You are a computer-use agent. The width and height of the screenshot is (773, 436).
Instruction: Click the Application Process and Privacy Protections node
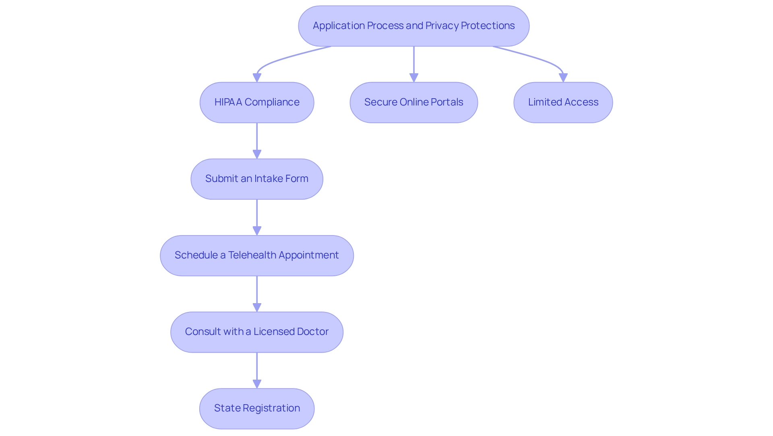[414, 26]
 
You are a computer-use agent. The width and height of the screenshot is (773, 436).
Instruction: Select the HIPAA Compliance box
[257, 102]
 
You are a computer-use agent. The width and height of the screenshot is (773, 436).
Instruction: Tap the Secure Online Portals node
[414, 102]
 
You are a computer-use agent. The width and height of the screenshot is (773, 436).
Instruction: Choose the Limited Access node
[563, 102]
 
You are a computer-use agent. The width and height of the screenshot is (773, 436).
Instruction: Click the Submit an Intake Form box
[257, 179]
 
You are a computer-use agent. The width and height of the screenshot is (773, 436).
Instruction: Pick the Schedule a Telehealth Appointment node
[257, 255]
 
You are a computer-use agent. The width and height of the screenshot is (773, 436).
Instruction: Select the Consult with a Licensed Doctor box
[257, 332]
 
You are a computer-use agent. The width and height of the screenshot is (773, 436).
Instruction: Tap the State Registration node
[257, 408]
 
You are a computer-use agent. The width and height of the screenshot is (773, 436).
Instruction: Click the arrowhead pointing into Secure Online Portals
[414, 78]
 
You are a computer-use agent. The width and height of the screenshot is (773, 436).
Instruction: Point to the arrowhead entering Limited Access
[563, 78]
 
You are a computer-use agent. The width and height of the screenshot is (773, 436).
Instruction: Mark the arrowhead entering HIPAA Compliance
[257, 78]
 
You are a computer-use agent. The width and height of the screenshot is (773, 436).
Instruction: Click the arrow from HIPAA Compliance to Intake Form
[257, 141]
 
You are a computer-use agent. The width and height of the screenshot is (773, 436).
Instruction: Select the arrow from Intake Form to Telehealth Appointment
[257, 217]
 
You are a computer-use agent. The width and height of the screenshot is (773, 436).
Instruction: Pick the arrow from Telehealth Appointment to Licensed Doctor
[257, 293]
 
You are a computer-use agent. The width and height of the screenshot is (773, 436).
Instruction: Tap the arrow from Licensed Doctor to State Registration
[257, 370]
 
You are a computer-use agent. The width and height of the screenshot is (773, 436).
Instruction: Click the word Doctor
[313, 331]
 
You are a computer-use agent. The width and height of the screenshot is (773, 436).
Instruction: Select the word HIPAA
[228, 102]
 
